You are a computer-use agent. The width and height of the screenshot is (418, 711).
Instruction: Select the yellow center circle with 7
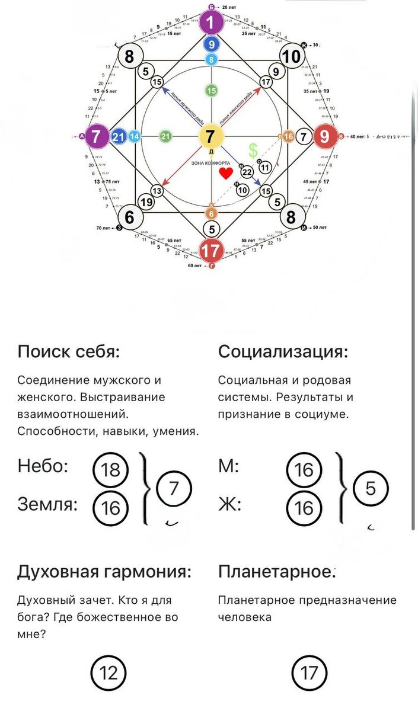pyautogui.click(x=210, y=137)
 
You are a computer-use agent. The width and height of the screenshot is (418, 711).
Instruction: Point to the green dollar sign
pyautogui.click(x=253, y=150)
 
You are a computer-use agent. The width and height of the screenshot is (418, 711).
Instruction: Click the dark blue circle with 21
pyautogui.click(x=119, y=137)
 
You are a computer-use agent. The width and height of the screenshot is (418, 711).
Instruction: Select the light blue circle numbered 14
pyautogui.click(x=135, y=137)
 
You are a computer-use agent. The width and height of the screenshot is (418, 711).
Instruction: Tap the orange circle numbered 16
pyautogui.click(x=289, y=137)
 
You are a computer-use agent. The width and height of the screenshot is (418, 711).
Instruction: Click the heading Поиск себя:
pyautogui.click(x=69, y=351)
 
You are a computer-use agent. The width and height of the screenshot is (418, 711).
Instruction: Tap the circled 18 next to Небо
pyautogui.click(x=110, y=470)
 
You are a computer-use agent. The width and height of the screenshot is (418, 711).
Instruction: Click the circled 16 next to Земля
pyautogui.click(x=110, y=507)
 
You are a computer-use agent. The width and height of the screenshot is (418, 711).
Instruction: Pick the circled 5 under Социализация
pyautogui.click(x=371, y=489)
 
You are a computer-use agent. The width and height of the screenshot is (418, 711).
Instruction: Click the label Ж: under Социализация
pyautogui.click(x=229, y=505)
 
